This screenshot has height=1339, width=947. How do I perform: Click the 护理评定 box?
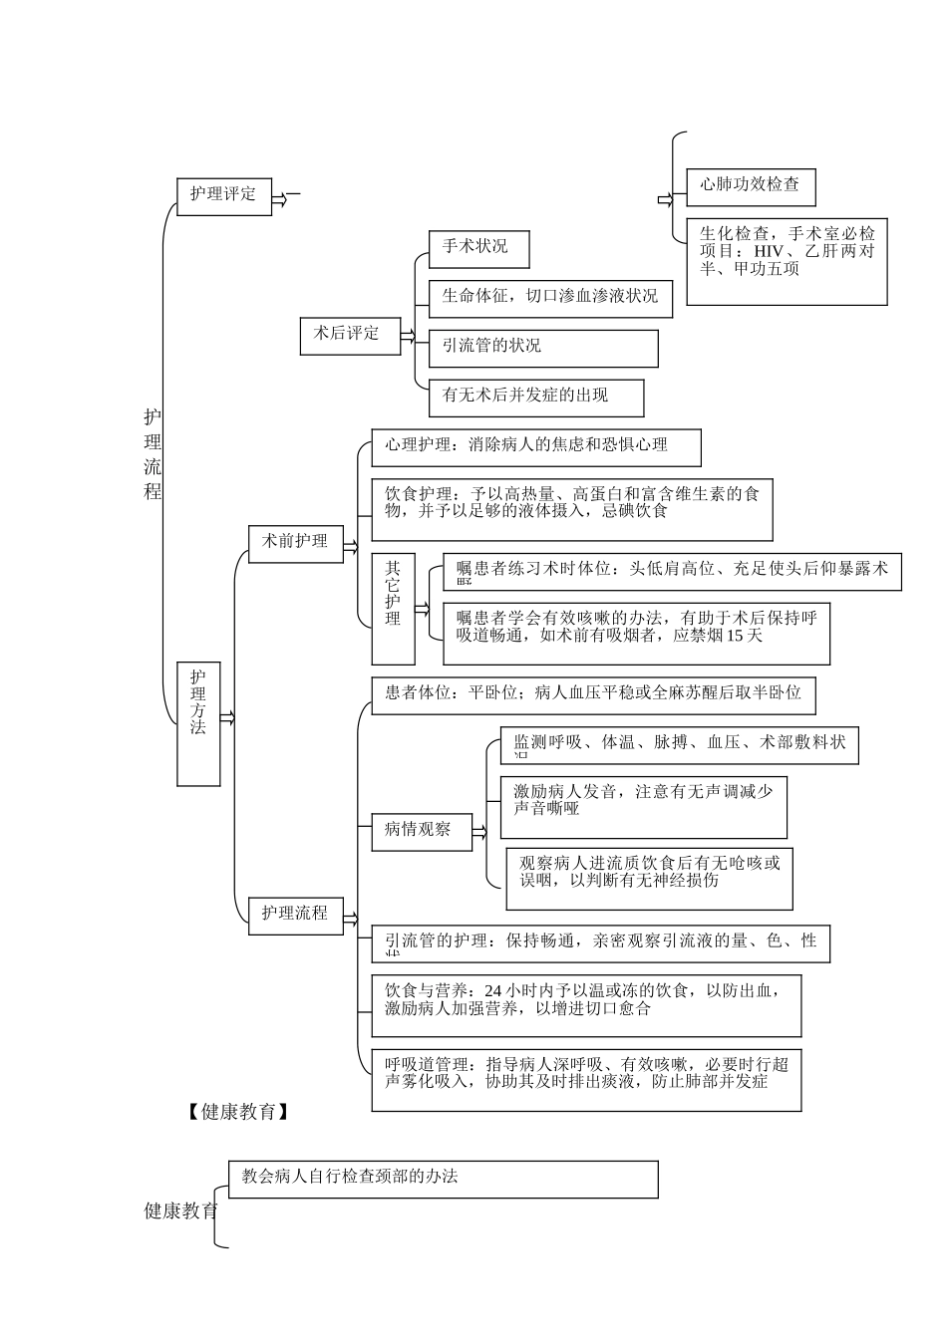(224, 195)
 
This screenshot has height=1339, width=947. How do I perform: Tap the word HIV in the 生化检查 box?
(768, 252)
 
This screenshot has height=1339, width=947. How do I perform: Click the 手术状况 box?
(477, 248)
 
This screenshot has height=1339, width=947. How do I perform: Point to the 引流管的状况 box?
(543, 348)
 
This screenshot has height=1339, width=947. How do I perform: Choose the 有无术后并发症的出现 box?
(535, 397)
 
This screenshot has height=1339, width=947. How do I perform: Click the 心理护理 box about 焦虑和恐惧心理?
(535, 446)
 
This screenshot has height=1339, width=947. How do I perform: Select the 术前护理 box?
(296, 543)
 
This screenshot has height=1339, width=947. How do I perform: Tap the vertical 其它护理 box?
(393, 608)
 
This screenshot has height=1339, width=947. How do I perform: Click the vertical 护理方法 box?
(198, 722)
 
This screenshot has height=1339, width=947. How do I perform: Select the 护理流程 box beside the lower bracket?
(296, 914)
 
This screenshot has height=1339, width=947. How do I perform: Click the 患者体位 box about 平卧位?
(593, 693)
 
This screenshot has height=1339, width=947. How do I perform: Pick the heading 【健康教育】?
(238, 1112)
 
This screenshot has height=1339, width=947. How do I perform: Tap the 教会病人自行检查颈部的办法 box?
(443, 1179)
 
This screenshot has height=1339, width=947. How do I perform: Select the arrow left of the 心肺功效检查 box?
(665, 200)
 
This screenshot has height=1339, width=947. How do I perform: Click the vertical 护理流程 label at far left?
(153, 454)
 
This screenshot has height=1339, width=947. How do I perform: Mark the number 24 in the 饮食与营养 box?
(492, 991)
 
